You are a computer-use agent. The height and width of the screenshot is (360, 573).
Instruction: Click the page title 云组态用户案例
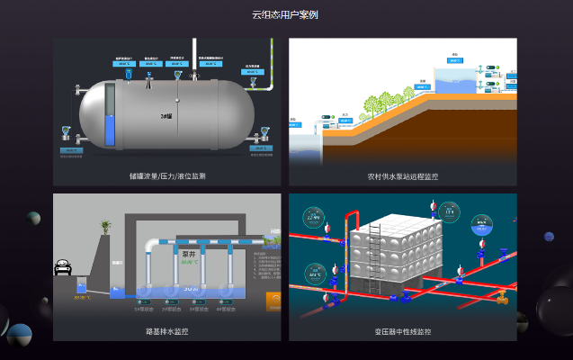285,14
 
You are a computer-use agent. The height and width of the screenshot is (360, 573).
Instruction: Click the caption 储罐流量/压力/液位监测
167,176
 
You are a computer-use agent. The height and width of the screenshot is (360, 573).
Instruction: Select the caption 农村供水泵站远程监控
402,176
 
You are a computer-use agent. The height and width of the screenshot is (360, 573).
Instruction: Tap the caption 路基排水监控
167,331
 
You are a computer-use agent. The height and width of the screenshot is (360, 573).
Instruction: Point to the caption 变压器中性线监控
402,331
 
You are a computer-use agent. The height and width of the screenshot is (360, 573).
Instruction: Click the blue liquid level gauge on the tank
111,117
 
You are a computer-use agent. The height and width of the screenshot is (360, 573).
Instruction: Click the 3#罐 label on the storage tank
166,116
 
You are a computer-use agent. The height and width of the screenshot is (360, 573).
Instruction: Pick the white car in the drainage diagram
64,267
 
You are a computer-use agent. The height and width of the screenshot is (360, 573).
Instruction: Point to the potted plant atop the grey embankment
105,226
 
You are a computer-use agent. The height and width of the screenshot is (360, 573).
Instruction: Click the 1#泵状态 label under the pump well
143,309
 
